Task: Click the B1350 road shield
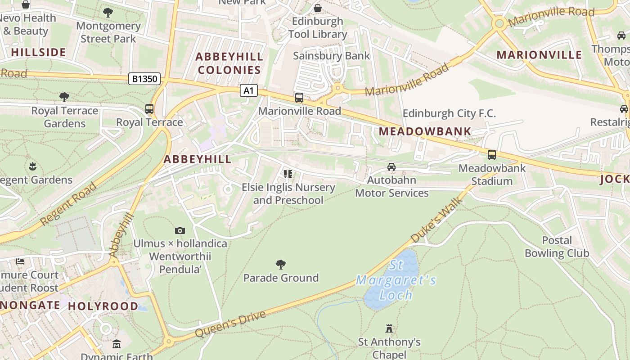(145, 79)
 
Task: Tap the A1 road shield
(248, 91)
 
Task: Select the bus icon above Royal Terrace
(149, 109)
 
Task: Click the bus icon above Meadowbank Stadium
(492, 155)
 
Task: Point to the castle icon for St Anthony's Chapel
(389, 328)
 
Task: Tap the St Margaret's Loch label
(396, 280)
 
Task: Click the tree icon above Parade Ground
(281, 264)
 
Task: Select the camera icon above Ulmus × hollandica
(180, 231)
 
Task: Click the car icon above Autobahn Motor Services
(391, 167)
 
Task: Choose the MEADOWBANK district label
(425, 131)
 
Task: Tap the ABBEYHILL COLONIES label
(229, 63)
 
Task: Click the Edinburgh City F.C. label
(449, 113)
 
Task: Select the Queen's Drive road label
(230, 324)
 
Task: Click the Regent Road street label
(68, 203)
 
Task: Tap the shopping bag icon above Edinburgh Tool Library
(318, 8)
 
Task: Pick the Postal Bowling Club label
(557, 247)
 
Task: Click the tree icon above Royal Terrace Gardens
(64, 97)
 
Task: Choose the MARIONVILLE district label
(539, 55)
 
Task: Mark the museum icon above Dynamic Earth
(117, 344)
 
